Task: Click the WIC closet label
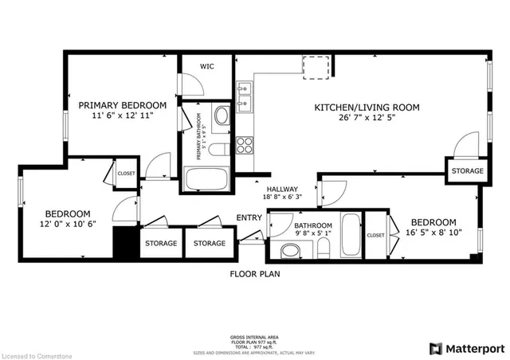coord(206,67)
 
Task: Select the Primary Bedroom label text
coord(122,105)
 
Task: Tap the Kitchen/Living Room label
coord(367,108)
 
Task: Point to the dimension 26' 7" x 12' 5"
coord(367,119)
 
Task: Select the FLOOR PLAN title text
coord(255,274)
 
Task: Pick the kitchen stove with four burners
coord(245,145)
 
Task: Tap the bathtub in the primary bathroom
coord(206,179)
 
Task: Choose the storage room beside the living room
coord(467,171)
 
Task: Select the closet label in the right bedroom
coord(375,236)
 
